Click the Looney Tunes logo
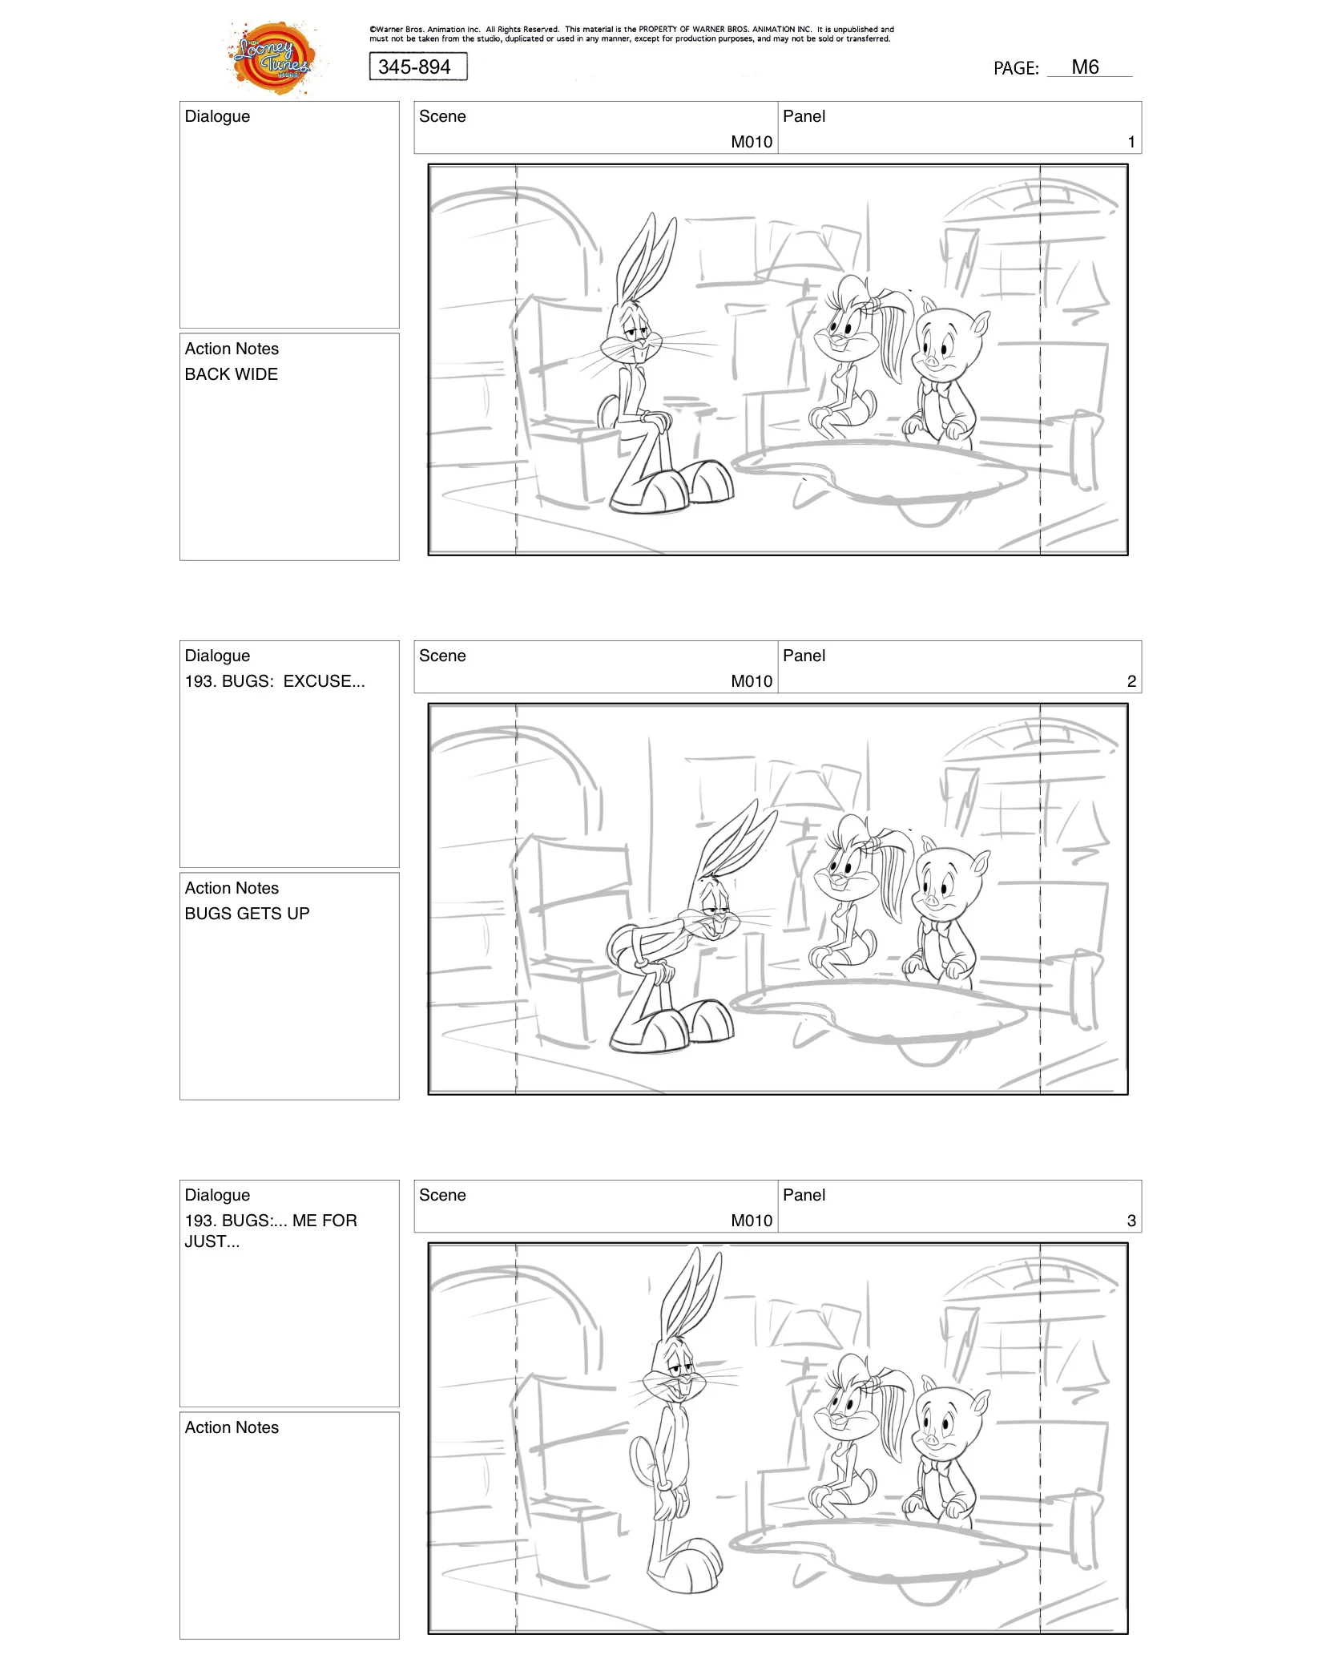pyautogui.click(x=272, y=58)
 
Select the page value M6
pyautogui.click(x=1085, y=67)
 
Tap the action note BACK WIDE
pyautogui.click(x=231, y=374)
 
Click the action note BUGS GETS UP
pyautogui.click(x=247, y=914)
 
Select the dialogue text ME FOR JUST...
pyautogui.click(x=270, y=1230)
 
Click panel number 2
pyautogui.click(x=1131, y=681)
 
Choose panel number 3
pyautogui.click(x=1131, y=1221)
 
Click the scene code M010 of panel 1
pyautogui.click(x=751, y=142)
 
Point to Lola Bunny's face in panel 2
pyautogui.click(x=845, y=870)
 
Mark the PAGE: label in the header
pyautogui.click(x=1015, y=69)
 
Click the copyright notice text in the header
pyautogui.click(x=631, y=34)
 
